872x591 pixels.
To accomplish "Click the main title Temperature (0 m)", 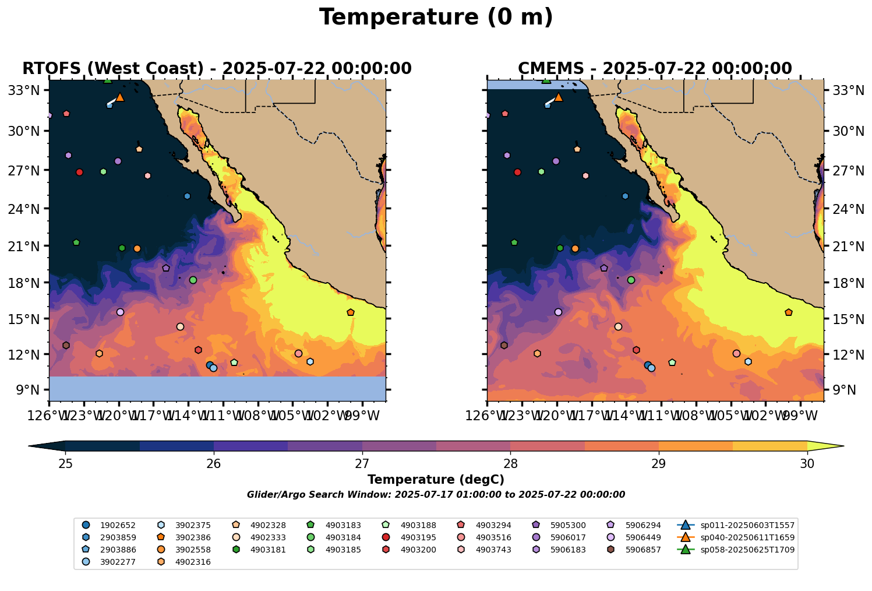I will click(x=436, y=17).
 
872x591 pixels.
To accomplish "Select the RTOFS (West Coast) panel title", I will click(x=217, y=69).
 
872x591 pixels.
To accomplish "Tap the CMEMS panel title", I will click(x=655, y=69).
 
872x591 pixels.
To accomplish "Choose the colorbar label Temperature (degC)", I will click(x=436, y=480).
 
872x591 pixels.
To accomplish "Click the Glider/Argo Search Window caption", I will click(x=436, y=495).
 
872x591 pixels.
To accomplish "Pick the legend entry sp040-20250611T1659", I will click(x=747, y=537).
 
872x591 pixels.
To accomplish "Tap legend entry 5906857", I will click(x=643, y=550).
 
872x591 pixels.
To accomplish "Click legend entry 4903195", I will click(x=418, y=537).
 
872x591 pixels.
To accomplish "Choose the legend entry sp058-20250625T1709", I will click(x=747, y=550).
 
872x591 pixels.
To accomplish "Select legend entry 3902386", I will click(x=193, y=537).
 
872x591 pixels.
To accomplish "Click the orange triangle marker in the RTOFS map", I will click(x=120, y=97).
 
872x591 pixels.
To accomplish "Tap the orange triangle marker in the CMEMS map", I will click(x=558, y=97).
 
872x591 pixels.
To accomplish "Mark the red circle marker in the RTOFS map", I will click(x=80, y=172).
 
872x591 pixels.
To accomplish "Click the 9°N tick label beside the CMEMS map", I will click(x=839, y=390).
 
